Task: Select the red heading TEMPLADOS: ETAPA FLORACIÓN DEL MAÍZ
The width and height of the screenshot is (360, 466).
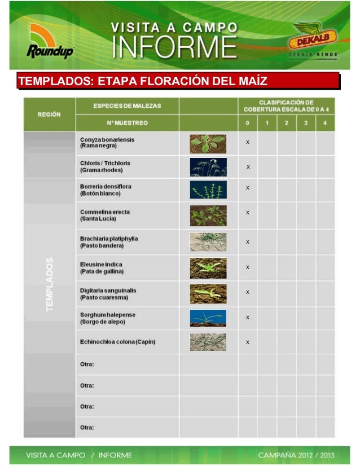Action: click(143, 81)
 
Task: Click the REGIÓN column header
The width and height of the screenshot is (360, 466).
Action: click(50, 114)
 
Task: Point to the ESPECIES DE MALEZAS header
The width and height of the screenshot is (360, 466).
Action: click(127, 106)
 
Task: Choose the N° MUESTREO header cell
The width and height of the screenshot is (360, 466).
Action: click(127, 123)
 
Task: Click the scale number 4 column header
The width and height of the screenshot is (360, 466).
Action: click(325, 123)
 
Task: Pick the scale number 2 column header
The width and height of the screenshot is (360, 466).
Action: click(287, 123)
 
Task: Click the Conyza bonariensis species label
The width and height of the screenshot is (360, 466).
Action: click(107, 143)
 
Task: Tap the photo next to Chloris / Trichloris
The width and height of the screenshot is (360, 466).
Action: click(208, 167)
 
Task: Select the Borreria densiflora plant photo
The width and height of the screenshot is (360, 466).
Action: click(208, 190)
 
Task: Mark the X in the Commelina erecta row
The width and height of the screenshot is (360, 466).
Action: click(248, 213)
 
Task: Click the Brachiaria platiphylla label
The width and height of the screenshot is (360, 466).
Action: click(109, 242)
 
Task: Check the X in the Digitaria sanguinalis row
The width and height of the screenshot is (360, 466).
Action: click(248, 292)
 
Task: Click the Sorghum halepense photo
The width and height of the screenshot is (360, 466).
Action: click(208, 318)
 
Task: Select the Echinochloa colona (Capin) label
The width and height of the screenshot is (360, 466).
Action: click(118, 342)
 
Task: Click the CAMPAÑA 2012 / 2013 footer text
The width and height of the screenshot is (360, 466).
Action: click(296, 455)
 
